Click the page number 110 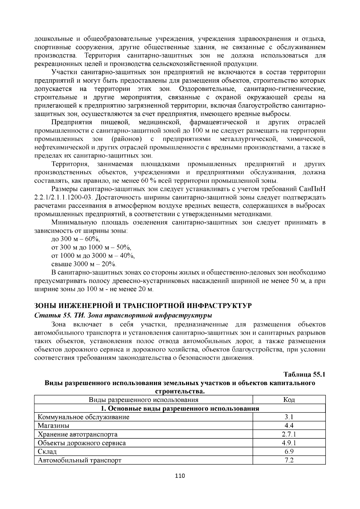(180, 484)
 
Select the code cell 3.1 (289, 417)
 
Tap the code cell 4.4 (289, 425)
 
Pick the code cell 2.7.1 (289, 434)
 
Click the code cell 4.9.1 (289, 443)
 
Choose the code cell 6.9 (289, 451)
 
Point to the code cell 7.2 (289, 460)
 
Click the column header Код (289, 400)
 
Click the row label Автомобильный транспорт (79, 460)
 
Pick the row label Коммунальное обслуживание (83, 417)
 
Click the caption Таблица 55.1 (304, 374)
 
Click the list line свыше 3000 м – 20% (84, 264)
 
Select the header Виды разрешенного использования (143, 400)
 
